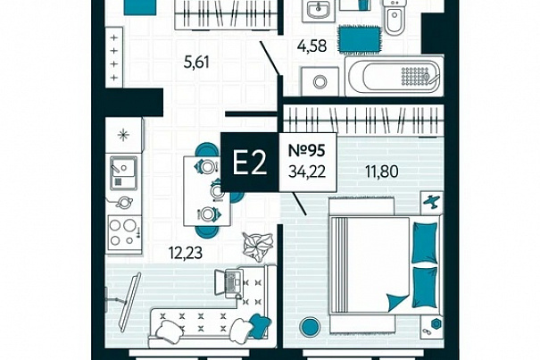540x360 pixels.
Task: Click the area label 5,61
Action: click(196, 63)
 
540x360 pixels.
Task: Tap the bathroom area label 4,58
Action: click(312, 46)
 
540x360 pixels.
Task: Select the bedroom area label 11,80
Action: click(382, 172)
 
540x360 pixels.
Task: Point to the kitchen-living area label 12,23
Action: click(186, 253)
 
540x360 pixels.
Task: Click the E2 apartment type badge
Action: click(250, 163)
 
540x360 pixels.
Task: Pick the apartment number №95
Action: click(306, 150)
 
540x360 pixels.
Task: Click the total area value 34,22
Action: click(307, 172)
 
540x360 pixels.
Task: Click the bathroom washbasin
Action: click(319, 11)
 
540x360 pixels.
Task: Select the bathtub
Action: click(395, 75)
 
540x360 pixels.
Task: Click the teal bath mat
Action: click(360, 39)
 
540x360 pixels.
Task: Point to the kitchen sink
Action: click(123, 172)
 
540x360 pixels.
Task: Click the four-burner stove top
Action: click(124, 233)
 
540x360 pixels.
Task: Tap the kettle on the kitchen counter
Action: click(124, 202)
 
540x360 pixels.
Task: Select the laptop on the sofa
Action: click(229, 283)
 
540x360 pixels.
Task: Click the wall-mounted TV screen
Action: click(129, 302)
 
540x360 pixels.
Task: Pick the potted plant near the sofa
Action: click(258, 246)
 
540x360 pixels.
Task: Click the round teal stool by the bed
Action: click(311, 327)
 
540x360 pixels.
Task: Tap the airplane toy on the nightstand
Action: click(432, 202)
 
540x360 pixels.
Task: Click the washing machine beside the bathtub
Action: click(320, 81)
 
